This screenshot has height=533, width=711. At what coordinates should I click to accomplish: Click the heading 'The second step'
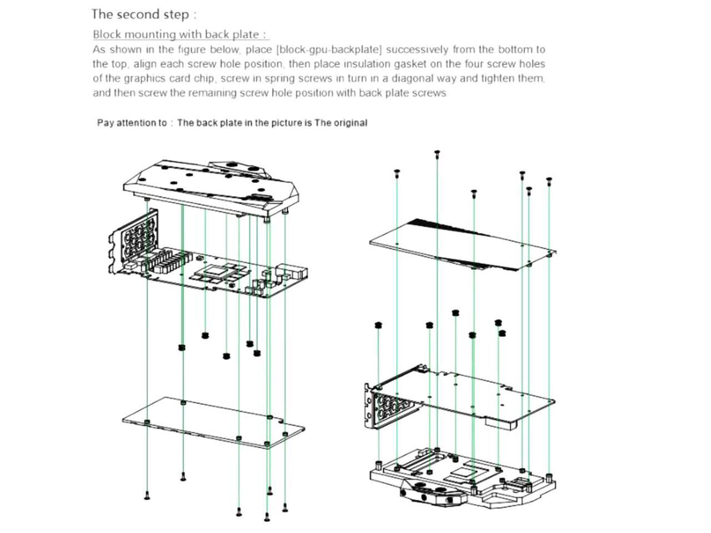click(x=143, y=14)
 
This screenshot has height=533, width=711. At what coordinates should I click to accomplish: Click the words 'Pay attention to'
click(x=132, y=123)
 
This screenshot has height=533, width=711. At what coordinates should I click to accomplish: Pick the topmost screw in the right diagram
click(x=437, y=153)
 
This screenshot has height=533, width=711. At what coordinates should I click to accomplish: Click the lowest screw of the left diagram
click(x=267, y=517)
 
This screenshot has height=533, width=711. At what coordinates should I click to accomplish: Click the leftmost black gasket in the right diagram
click(x=378, y=325)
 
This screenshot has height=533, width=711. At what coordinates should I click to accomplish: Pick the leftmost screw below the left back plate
click(x=147, y=496)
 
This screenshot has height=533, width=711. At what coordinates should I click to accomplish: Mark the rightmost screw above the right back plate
click(x=549, y=180)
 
